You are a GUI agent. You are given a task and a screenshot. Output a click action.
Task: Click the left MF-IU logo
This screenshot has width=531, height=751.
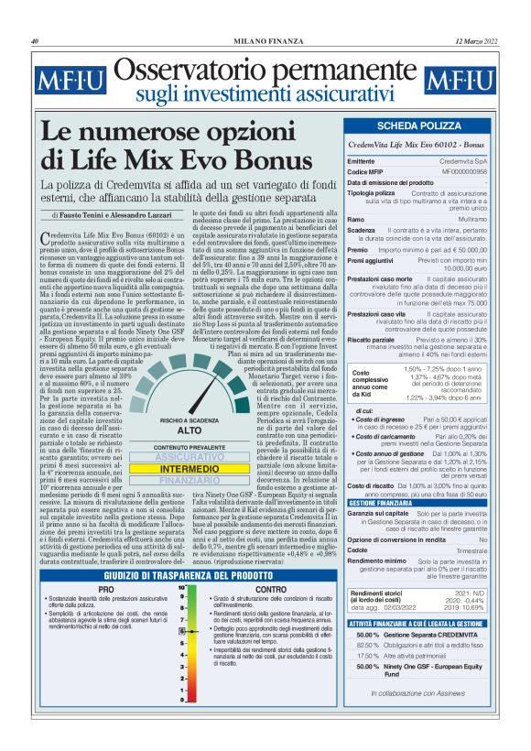(x=65, y=82)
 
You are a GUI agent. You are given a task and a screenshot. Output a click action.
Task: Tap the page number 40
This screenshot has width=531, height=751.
(x=35, y=41)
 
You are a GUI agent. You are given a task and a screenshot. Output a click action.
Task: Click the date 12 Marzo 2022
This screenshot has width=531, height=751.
(x=474, y=41)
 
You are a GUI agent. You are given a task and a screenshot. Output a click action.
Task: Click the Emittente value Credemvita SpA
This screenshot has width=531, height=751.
(x=475, y=160)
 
